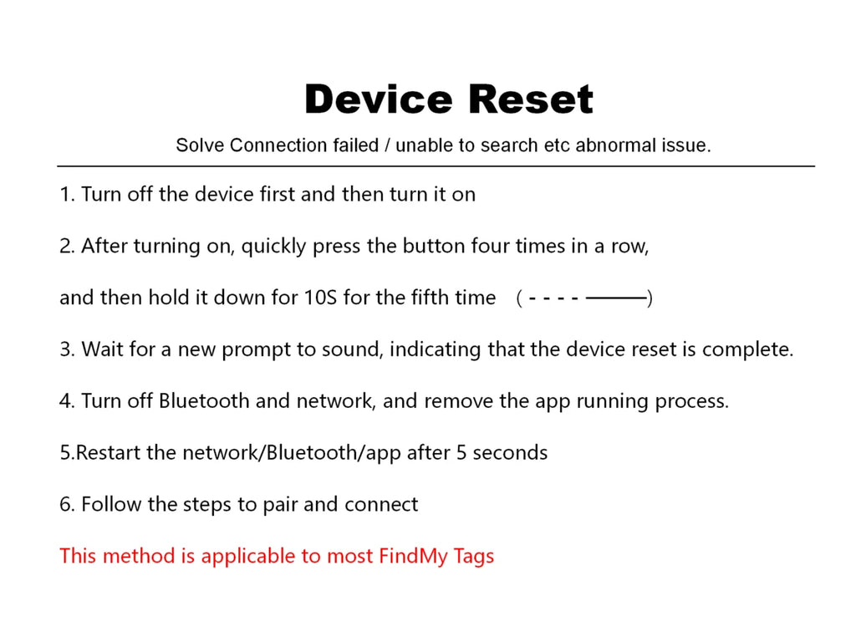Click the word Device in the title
[379, 99]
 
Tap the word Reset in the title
[531, 99]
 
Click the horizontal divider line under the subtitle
[436, 166]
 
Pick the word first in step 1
[278, 194]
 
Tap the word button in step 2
[434, 247]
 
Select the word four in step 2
[491, 247]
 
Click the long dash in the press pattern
[616, 298]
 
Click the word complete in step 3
[747, 350]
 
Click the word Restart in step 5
[108, 453]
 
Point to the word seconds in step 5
[510, 453]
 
